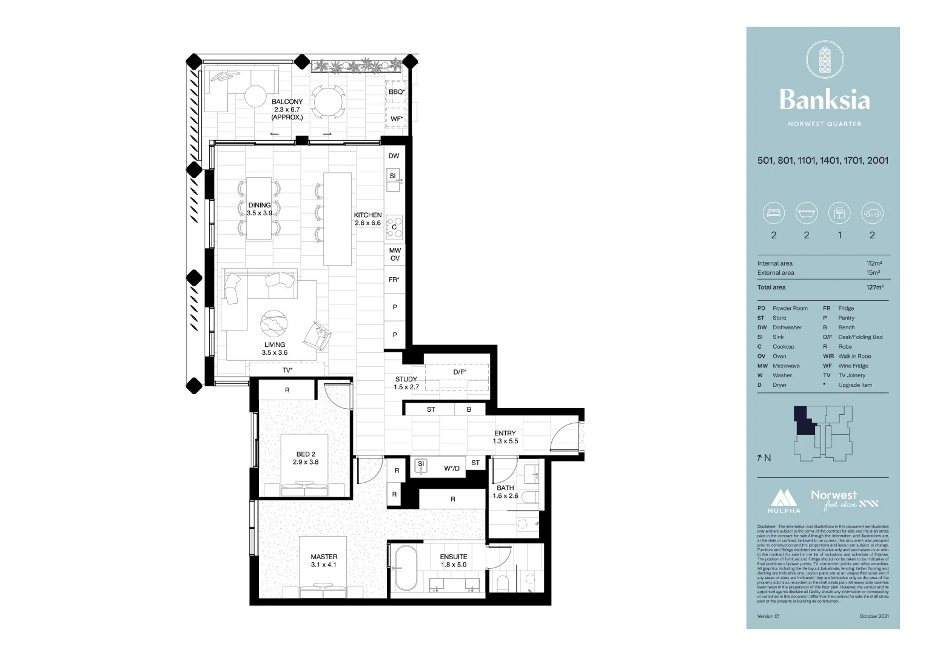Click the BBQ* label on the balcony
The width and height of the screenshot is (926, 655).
[397, 92]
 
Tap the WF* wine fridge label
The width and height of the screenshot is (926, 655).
[397, 119]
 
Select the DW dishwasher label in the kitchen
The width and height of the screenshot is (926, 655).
[394, 156]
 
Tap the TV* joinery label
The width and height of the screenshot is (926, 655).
[287, 370]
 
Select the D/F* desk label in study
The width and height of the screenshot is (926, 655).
[460, 372]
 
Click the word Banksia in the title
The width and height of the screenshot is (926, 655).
[824, 99]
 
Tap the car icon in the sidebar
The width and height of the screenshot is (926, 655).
[873, 213]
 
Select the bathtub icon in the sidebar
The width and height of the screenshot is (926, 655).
[807, 213]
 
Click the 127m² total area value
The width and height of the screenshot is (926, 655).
[874, 287]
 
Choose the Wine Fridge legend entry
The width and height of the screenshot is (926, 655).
[853, 366]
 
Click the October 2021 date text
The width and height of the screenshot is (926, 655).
[874, 616]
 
